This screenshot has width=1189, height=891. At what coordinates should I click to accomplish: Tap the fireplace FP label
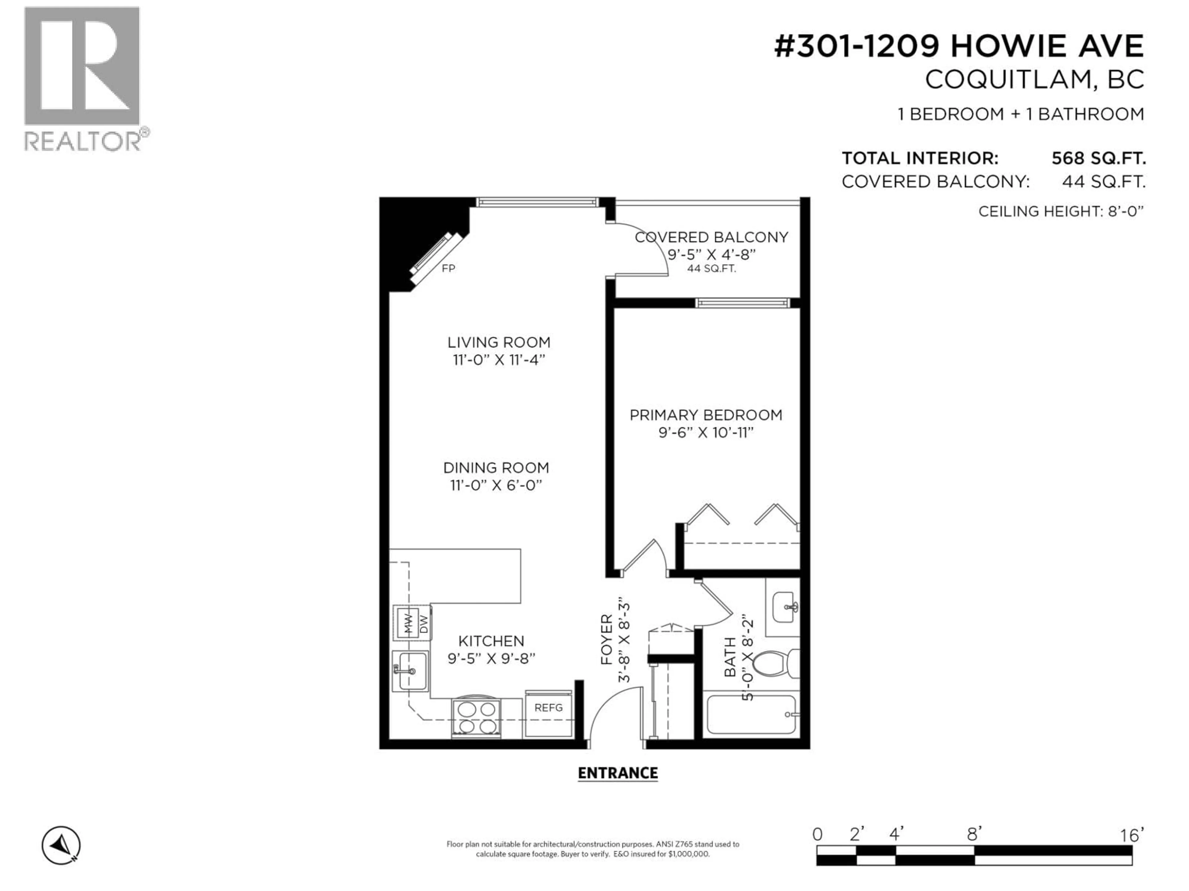coord(448,268)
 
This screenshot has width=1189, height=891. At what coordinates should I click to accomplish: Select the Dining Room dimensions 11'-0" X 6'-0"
coord(496,485)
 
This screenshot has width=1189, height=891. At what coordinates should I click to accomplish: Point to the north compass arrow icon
coord(61,845)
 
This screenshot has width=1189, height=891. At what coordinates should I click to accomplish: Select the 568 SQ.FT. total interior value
coord(1098,158)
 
